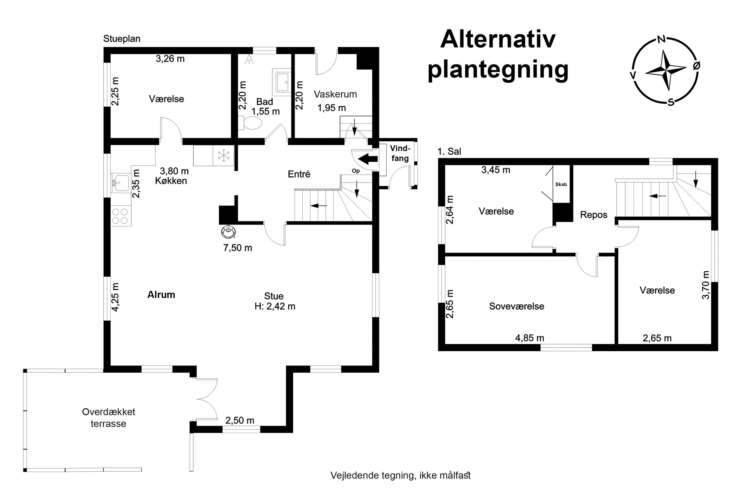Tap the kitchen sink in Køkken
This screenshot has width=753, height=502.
(121, 183)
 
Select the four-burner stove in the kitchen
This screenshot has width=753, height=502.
(120, 216)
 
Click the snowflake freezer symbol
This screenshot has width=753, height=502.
(224, 156)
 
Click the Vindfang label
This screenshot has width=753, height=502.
(400, 153)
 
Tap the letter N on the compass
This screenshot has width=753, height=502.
(661, 39)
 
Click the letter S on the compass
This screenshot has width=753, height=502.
(671, 103)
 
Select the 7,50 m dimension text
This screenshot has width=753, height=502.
(238, 248)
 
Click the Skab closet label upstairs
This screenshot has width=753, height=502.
(561, 185)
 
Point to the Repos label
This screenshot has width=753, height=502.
(594, 215)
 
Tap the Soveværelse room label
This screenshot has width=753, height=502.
(516, 306)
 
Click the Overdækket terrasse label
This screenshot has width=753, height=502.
(109, 418)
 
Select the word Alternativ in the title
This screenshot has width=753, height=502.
(498, 39)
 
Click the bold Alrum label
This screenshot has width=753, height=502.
(161, 295)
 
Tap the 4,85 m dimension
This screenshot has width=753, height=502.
(530, 338)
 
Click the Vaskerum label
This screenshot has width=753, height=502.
(335, 94)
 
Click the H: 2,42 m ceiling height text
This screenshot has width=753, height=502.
(275, 307)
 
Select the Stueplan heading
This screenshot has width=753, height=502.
(122, 39)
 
